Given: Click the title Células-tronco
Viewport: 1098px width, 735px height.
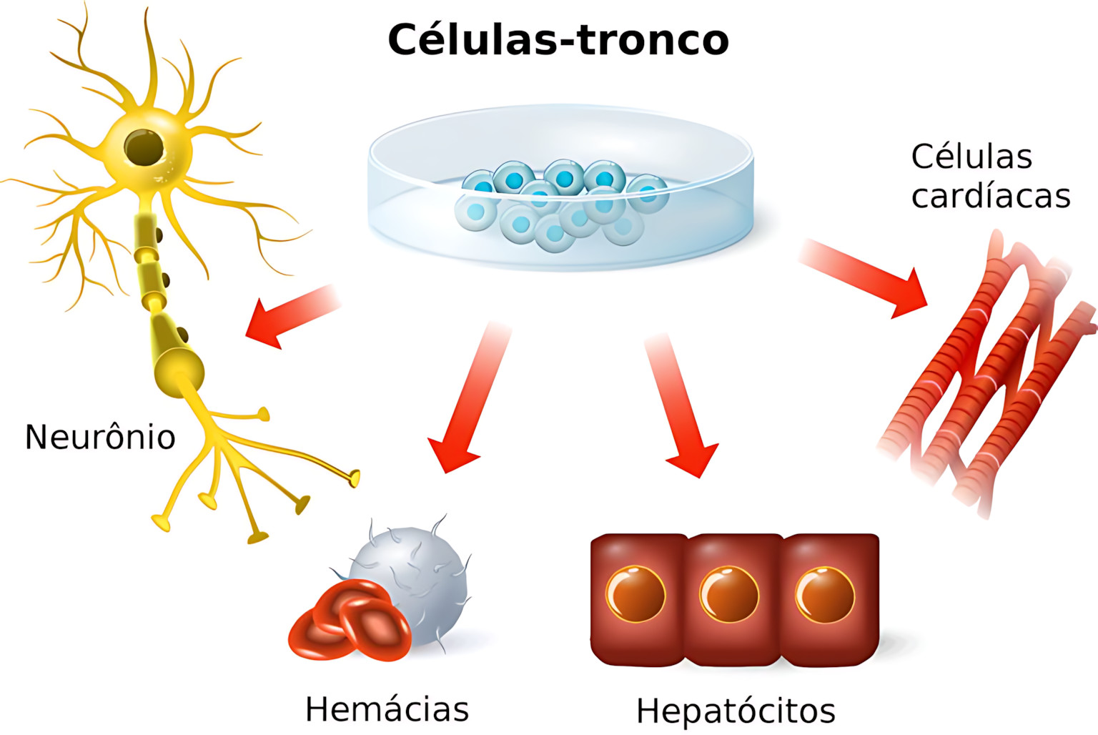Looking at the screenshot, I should (x=558, y=39).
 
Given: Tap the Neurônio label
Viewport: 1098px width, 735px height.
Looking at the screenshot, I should (x=100, y=437).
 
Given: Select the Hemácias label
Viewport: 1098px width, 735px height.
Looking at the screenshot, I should (x=387, y=709).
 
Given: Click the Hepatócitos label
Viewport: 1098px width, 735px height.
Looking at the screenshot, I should (x=736, y=711).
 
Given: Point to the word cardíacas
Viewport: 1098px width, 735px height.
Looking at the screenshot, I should (x=990, y=196).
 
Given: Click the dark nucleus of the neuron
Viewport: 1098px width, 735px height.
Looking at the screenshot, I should (x=144, y=147).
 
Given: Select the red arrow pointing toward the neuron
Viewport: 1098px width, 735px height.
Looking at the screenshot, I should (x=290, y=315).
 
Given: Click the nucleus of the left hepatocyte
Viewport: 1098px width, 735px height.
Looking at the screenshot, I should (x=635, y=594).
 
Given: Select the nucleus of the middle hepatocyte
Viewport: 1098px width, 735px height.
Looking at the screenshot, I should (x=729, y=594).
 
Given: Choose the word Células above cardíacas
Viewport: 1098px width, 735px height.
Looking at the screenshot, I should (x=971, y=157).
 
